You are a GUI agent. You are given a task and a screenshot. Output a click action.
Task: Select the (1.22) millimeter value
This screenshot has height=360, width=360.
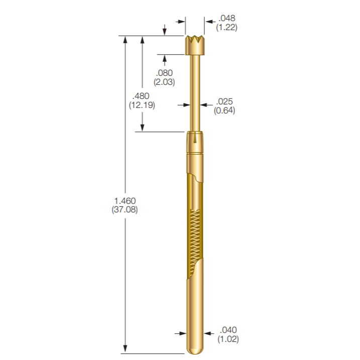pos(226,28)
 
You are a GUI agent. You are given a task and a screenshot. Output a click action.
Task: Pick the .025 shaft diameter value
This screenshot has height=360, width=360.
pos(224,101)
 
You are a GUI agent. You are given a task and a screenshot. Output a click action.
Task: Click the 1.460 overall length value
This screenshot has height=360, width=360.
pos(125,201)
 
